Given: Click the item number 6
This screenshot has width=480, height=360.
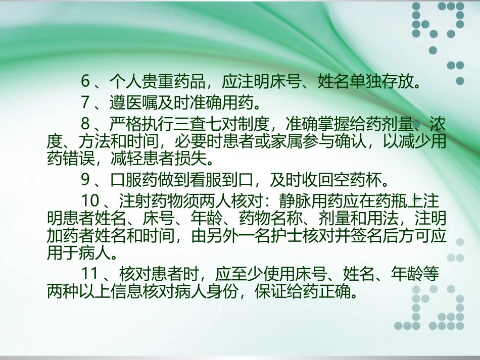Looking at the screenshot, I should point(85,81).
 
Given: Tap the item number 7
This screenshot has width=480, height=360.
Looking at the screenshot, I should point(85,102).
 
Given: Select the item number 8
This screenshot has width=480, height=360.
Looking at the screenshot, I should point(85,124).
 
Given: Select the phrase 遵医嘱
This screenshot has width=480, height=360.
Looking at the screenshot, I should point(132,102).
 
